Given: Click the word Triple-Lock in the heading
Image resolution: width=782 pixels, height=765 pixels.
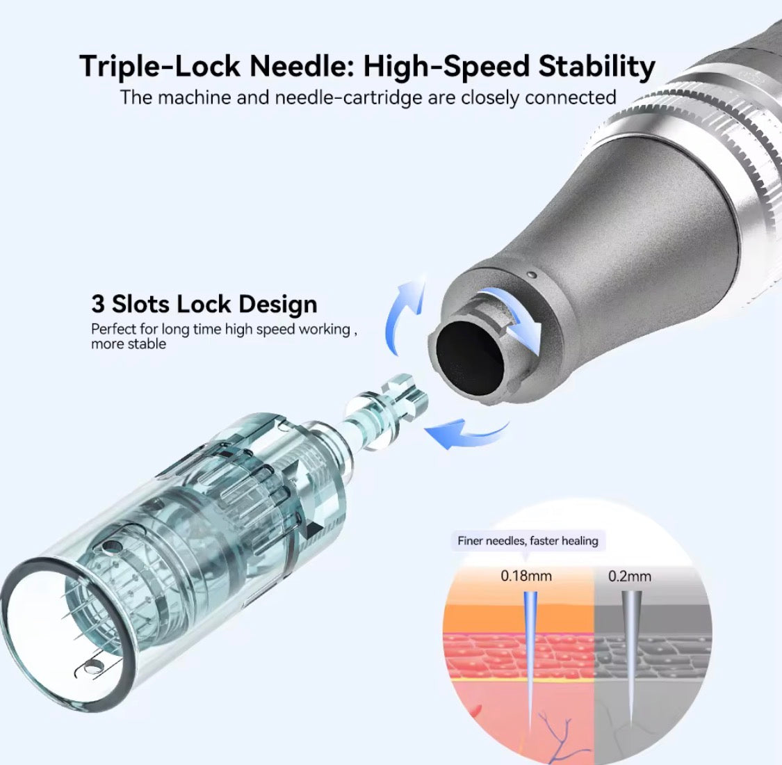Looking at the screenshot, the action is coord(159,66).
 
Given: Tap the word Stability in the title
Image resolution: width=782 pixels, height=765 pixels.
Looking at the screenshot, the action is coord(596,66).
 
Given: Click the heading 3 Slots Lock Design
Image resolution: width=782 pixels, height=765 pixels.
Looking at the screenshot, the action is coord(204,304).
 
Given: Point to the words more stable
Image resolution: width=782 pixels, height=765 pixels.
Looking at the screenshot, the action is coord(128,344).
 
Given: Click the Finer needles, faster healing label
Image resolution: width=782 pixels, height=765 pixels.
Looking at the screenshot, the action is coord(528,541).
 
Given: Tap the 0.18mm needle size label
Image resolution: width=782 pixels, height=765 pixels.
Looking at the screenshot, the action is coord(526,576).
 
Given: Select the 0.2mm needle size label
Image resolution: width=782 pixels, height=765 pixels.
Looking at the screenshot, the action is coord(629,577).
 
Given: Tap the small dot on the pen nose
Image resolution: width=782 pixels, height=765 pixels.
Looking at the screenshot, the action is coord(532,275).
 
